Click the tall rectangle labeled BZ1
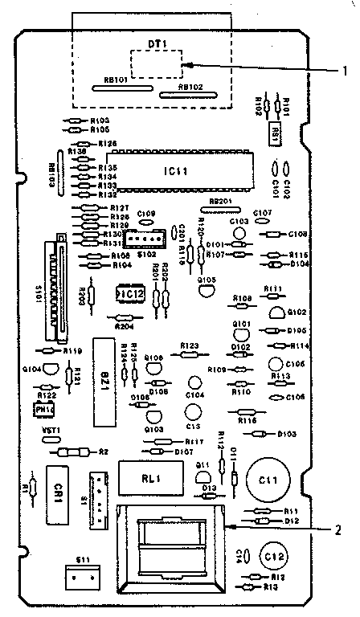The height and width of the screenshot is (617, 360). coord(104,382)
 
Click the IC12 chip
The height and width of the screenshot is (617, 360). coord(130,295)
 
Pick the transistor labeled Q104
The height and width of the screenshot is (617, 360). coord(49,370)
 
